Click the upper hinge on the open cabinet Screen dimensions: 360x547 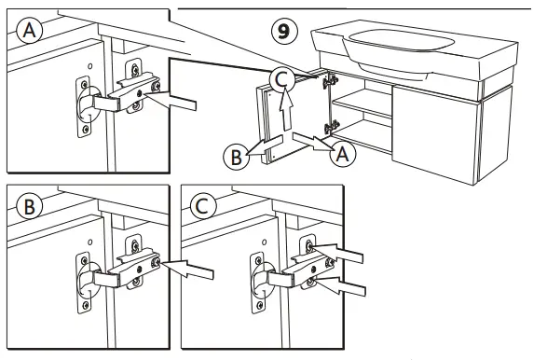327,82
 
